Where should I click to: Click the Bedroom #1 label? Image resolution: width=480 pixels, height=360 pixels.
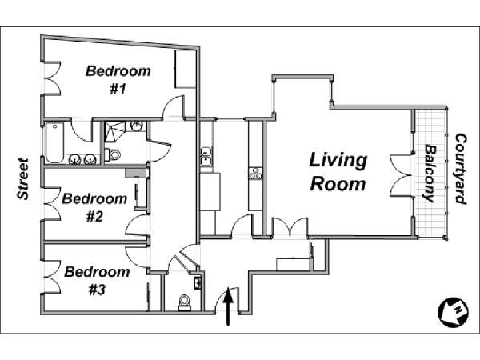[118, 80]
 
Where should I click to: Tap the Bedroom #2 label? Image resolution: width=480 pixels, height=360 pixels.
[94, 207]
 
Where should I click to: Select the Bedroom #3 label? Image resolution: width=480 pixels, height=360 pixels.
[97, 281]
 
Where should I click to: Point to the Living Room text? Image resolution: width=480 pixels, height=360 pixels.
[338, 172]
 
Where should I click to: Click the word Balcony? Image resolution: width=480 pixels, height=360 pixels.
[430, 174]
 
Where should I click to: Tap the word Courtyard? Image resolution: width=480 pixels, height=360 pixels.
[461, 169]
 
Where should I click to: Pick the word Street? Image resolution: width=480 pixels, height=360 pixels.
[23, 178]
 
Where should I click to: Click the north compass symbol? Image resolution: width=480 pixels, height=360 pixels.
[454, 313]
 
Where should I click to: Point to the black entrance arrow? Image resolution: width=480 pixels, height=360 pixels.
[227, 306]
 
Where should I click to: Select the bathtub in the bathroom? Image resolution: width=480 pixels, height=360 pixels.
[54, 142]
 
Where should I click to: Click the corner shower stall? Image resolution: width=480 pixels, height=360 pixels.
[114, 132]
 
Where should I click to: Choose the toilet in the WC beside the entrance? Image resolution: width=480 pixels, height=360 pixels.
[184, 303]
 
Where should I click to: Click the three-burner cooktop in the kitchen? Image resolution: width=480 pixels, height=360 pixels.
[255, 174]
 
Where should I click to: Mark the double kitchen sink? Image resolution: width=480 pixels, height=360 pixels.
[206, 157]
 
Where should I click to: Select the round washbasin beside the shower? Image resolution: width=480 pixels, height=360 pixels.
[137, 126]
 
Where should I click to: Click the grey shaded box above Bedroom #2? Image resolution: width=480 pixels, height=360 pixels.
[137, 173]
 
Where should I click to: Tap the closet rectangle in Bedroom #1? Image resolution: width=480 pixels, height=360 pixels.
[186, 69]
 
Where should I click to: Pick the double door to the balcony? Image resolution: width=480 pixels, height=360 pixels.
[402, 174]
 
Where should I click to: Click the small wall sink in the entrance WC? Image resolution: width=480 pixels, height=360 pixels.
[197, 282]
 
